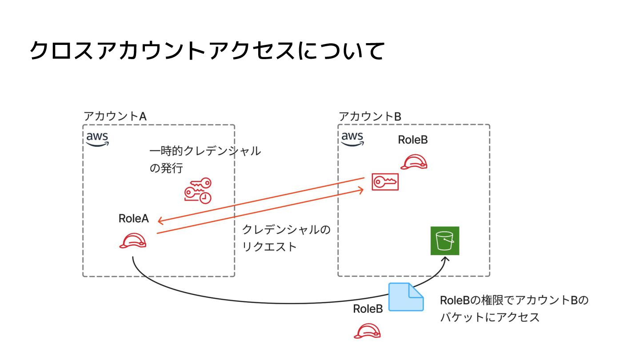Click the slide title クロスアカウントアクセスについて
click(207, 51)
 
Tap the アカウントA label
click(115, 116)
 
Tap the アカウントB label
click(370, 116)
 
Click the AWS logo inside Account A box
click(97, 139)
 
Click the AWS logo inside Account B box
click(352, 138)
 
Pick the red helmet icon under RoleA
click(133, 241)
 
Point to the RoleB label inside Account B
click(412, 140)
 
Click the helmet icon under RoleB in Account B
click(413, 162)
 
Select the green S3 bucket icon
click(444, 241)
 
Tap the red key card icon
click(385, 182)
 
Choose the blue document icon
click(406, 296)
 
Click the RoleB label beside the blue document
click(368, 309)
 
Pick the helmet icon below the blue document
click(368, 331)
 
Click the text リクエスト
click(269, 247)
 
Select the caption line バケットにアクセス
click(490, 317)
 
